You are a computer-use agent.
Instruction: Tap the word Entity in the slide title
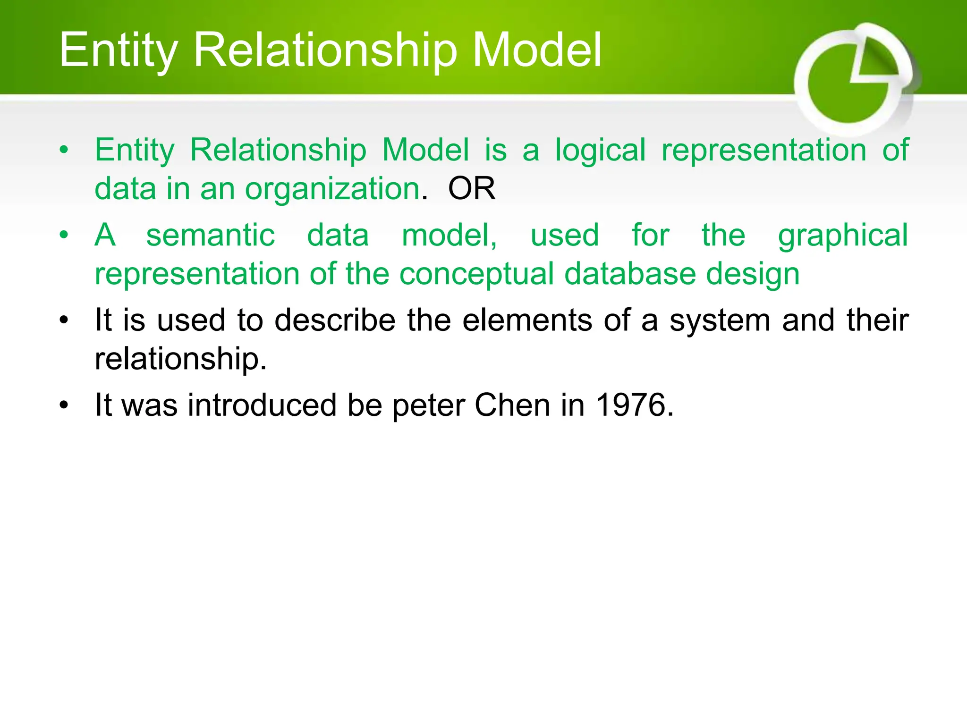119,51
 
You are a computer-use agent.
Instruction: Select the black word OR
472,189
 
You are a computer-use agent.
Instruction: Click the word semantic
210,235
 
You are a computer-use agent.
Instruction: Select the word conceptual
476,274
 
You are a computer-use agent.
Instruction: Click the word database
630,274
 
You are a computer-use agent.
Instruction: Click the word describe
335,320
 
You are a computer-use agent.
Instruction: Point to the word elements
527,320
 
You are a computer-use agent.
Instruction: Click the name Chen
512,405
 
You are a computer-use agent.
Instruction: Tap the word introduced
262,405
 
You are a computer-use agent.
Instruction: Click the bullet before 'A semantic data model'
64,235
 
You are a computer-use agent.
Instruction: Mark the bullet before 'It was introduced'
64,405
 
